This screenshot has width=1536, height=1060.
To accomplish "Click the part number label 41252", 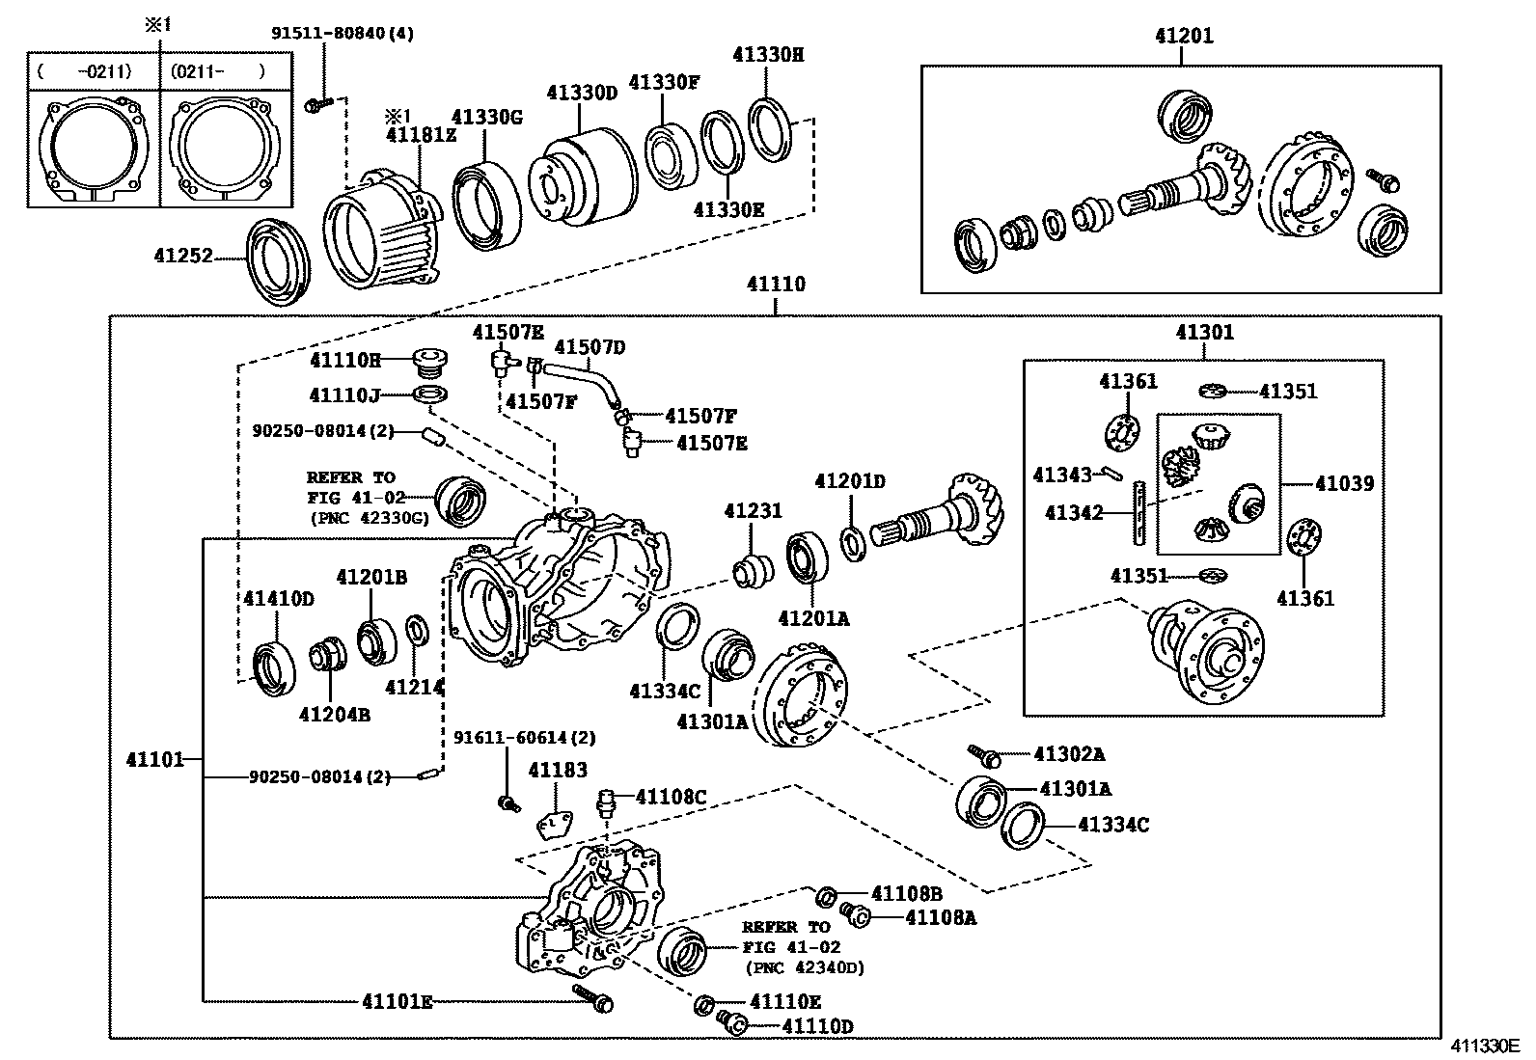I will tap(182, 258).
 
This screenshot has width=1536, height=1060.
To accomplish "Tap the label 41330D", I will tap(581, 93).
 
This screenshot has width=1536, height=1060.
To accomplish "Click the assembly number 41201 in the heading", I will tap(1183, 37).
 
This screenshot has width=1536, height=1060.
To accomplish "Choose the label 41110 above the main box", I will tap(775, 285).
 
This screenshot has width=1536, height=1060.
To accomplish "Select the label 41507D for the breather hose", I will tap(590, 347).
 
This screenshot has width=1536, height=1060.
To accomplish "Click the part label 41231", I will tap(753, 511).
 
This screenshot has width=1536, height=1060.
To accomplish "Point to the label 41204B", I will tap(334, 714).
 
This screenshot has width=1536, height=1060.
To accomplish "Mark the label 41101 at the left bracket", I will tap(154, 759).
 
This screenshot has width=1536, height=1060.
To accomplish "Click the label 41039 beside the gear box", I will tap(1344, 483).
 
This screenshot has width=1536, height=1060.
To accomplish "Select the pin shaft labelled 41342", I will tap(1139, 512).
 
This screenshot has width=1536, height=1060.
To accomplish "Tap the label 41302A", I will tap(1069, 754).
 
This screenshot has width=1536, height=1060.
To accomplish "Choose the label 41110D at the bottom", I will tap(817, 1027).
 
